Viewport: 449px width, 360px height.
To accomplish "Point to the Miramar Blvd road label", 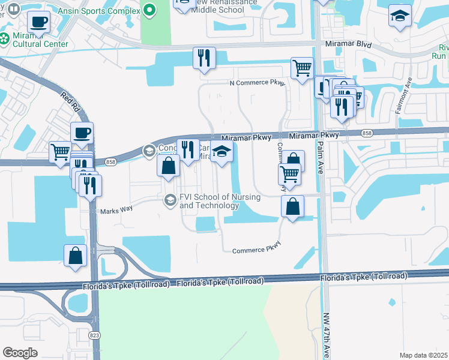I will (x=348, y=45).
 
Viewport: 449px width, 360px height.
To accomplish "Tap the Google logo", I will (x=20, y=353).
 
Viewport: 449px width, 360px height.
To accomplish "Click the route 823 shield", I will (x=95, y=335).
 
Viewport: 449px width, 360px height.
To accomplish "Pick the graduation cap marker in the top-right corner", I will (x=400, y=16).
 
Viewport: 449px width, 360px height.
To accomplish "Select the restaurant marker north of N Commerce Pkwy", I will (x=204, y=58).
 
